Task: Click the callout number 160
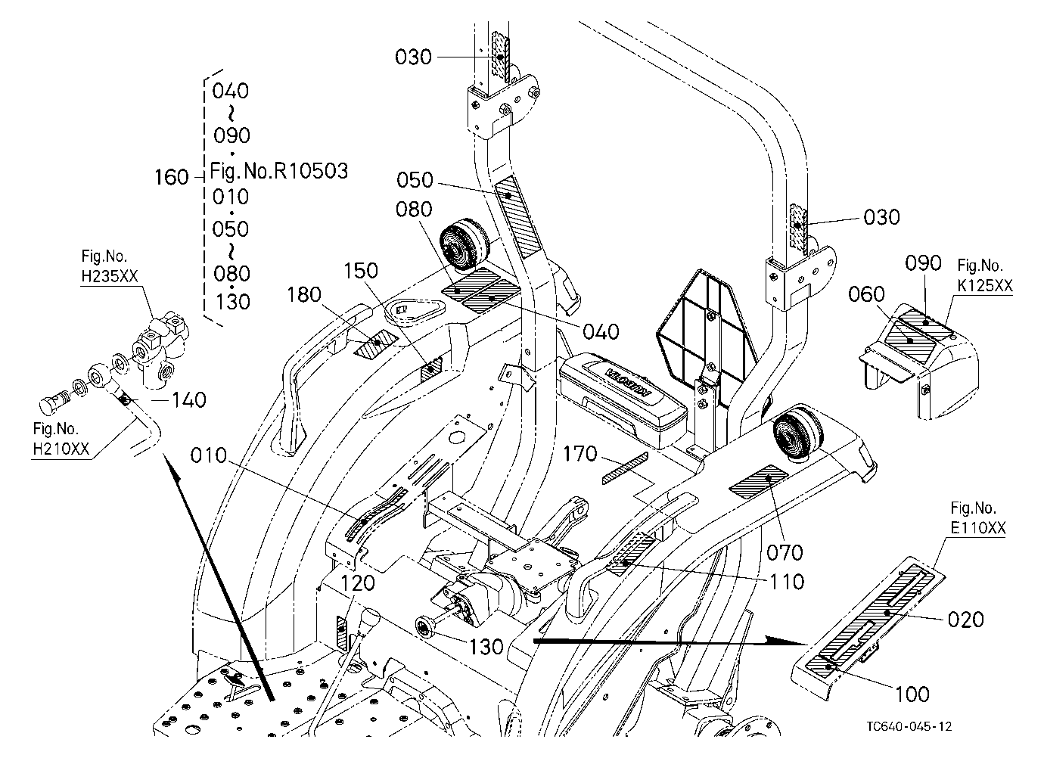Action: [x=172, y=177]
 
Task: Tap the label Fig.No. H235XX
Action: [x=110, y=266]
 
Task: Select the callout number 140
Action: [x=189, y=400]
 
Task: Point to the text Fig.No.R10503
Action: [x=278, y=171]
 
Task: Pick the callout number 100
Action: [x=912, y=695]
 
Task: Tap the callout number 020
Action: [x=966, y=620]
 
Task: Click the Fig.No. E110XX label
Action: [x=978, y=518]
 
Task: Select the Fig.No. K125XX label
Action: [x=985, y=275]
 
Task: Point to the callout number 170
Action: [x=579, y=454]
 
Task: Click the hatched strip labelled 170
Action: [x=625, y=468]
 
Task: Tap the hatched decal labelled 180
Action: [x=376, y=345]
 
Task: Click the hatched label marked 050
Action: [x=516, y=216]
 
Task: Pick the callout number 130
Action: [x=486, y=647]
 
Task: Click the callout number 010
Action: [x=208, y=455]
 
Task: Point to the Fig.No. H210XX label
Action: [x=61, y=439]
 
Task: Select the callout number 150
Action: [x=361, y=271]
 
